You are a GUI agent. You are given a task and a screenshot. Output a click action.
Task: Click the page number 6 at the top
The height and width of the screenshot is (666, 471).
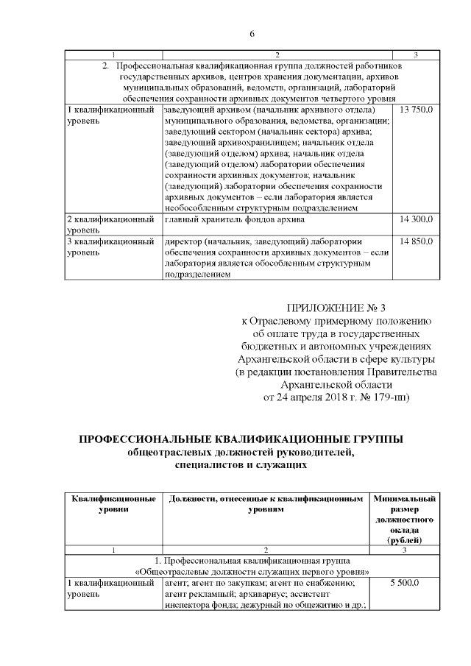tap(252, 35)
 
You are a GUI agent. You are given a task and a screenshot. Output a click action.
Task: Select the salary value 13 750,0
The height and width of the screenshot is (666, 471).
tap(416, 110)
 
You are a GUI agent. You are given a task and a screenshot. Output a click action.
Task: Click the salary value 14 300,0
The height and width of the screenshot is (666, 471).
tap(416, 219)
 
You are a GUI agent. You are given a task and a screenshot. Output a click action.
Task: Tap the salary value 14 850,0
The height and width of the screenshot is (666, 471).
tap(416, 241)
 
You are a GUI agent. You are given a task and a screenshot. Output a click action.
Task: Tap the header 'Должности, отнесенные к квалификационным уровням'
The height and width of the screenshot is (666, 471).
tap(266, 504)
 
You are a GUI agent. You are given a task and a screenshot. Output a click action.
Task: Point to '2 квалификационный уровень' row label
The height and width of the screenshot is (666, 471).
tap(111, 224)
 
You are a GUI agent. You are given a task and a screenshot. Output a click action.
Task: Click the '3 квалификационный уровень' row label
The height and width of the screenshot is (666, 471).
tap(111, 247)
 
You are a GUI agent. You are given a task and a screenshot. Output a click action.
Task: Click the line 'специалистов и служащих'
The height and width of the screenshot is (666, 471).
tap(241, 466)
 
